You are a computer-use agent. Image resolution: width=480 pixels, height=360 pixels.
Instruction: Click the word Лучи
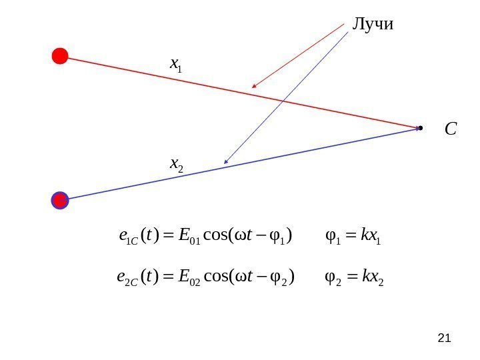[x=373, y=25]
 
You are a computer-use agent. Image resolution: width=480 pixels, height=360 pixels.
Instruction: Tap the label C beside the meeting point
[x=451, y=129]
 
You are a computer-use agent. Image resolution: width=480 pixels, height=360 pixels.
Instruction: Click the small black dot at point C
[x=420, y=127]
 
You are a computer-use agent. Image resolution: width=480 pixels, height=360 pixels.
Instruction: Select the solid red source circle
[x=60, y=56]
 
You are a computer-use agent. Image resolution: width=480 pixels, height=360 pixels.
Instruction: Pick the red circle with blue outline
[x=60, y=200]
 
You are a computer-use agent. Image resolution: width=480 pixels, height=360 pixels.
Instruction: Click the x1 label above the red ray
[x=177, y=65]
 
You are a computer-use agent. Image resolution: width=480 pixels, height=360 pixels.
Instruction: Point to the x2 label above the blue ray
[x=177, y=163]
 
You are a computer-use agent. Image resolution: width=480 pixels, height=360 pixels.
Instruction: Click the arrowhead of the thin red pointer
[x=253, y=87]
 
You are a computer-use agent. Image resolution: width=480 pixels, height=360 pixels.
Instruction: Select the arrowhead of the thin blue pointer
[x=227, y=161]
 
